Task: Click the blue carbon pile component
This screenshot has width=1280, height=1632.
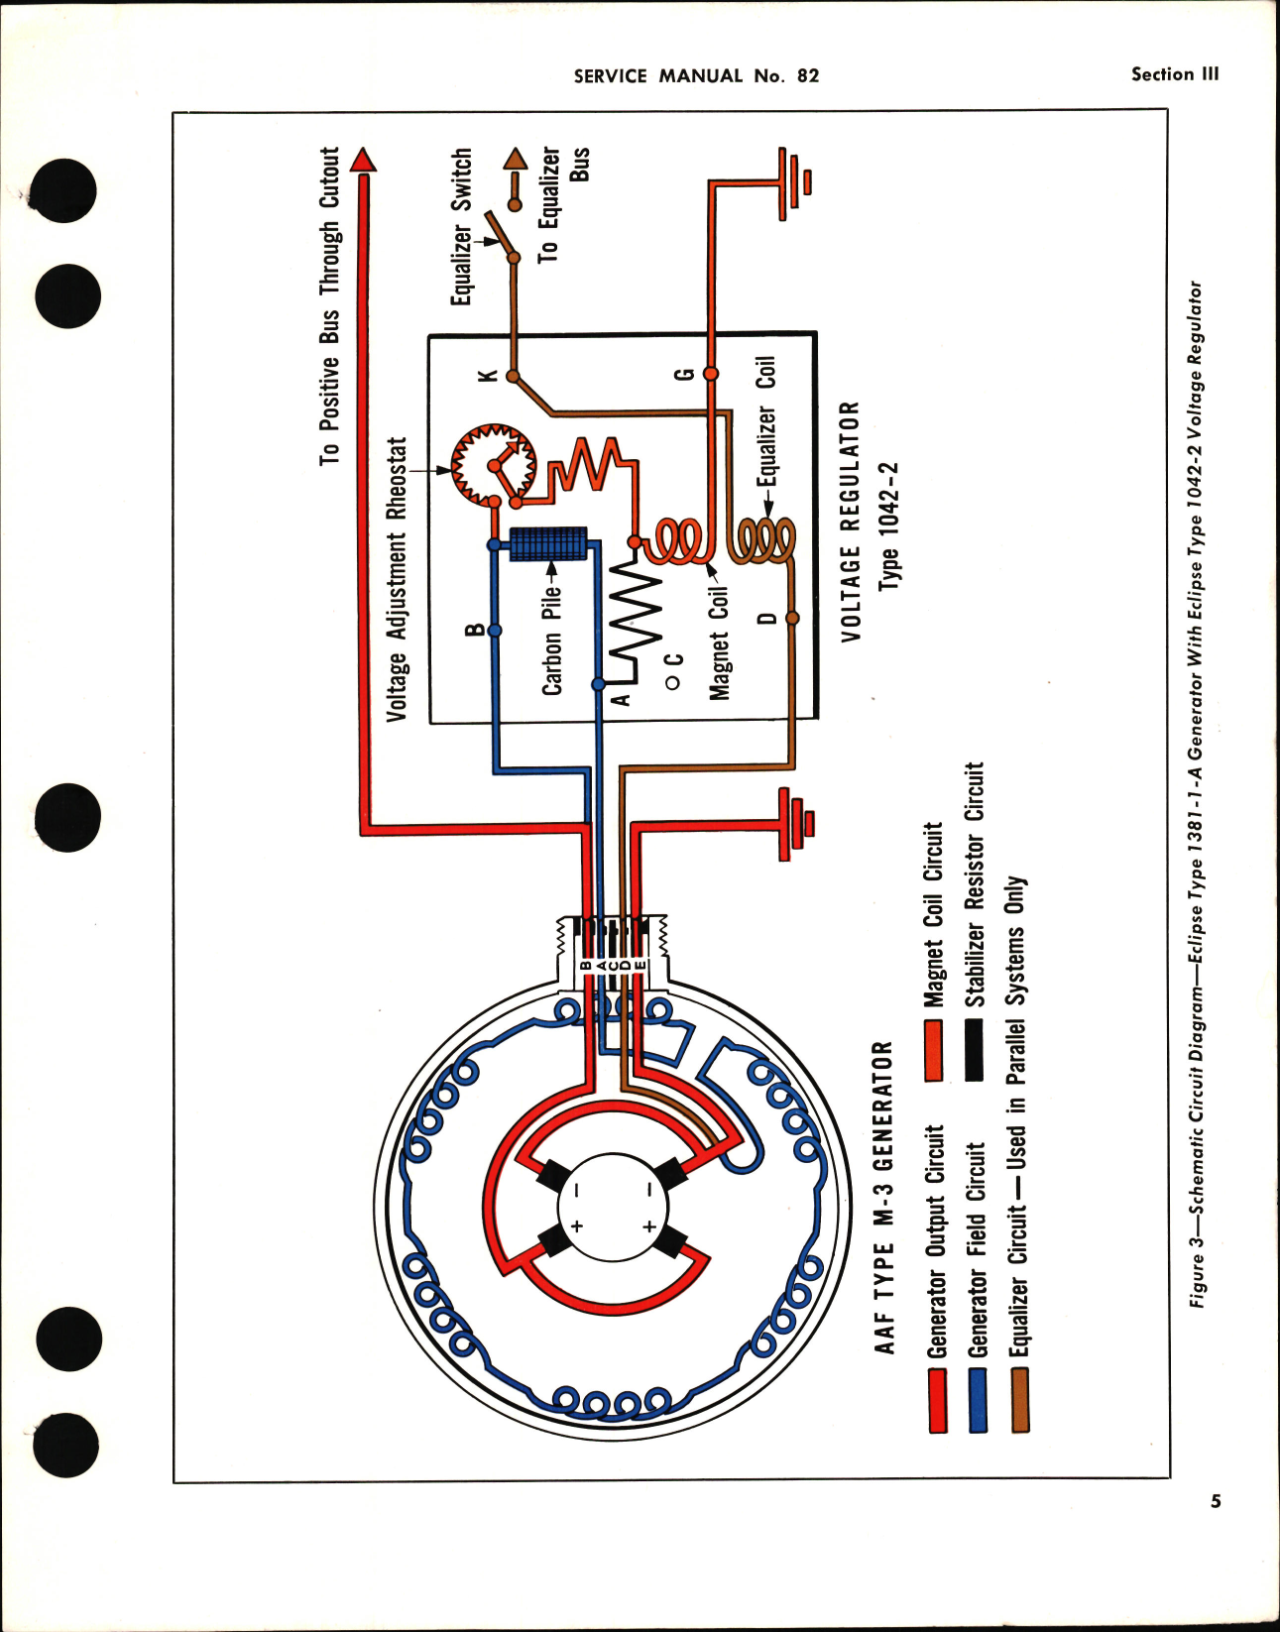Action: coord(548,544)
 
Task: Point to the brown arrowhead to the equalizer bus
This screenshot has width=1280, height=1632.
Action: coord(515,159)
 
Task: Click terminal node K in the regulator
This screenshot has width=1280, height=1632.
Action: coord(514,376)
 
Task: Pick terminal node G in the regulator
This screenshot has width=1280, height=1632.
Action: coord(710,374)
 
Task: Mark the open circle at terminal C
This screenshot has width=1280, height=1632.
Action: coord(671,682)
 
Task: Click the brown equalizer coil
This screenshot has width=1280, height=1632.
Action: coord(763,542)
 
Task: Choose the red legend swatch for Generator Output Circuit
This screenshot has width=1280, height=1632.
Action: coord(937,1400)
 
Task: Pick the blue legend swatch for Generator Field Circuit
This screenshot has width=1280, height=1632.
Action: coord(978,1400)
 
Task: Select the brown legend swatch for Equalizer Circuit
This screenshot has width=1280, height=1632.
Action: coord(1019,1400)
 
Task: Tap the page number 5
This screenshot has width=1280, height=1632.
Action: coord(1216,1501)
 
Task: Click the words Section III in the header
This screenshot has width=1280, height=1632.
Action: coord(1175,74)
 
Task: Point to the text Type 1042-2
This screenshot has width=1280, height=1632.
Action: coord(889,525)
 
